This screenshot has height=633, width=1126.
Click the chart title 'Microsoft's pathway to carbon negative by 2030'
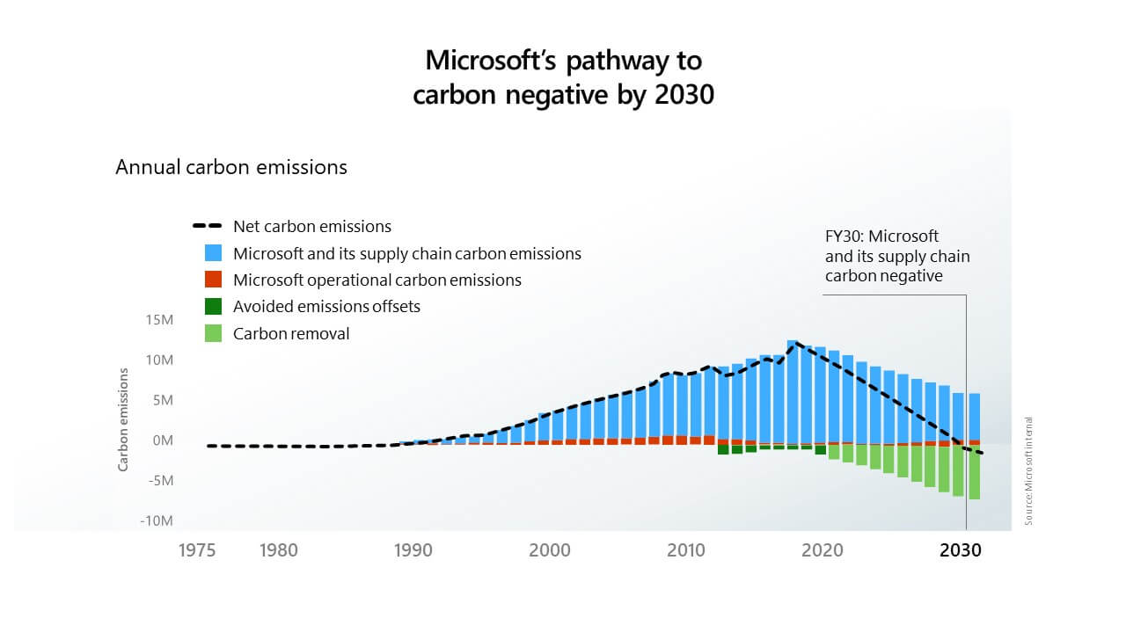click(563, 77)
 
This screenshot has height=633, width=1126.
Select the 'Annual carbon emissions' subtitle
click(231, 167)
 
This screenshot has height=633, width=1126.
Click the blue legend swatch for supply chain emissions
click(213, 253)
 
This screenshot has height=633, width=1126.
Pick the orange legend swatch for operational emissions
click(213, 280)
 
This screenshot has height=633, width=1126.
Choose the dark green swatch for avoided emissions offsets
click(213, 307)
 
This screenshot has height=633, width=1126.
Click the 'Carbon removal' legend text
click(291, 334)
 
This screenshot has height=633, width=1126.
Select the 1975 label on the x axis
click(197, 550)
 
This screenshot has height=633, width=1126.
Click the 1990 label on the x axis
click(413, 550)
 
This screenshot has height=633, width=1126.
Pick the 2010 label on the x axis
click(686, 550)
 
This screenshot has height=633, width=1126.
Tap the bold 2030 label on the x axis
click(961, 550)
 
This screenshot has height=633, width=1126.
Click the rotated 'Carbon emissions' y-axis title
click(124, 419)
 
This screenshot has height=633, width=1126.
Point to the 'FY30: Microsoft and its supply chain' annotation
click(896, 256)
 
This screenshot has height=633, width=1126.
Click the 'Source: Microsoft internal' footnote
click(1028, 471)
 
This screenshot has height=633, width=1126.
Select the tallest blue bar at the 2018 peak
click(792, 391)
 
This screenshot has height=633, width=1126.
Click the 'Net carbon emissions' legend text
click(312, 227)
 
